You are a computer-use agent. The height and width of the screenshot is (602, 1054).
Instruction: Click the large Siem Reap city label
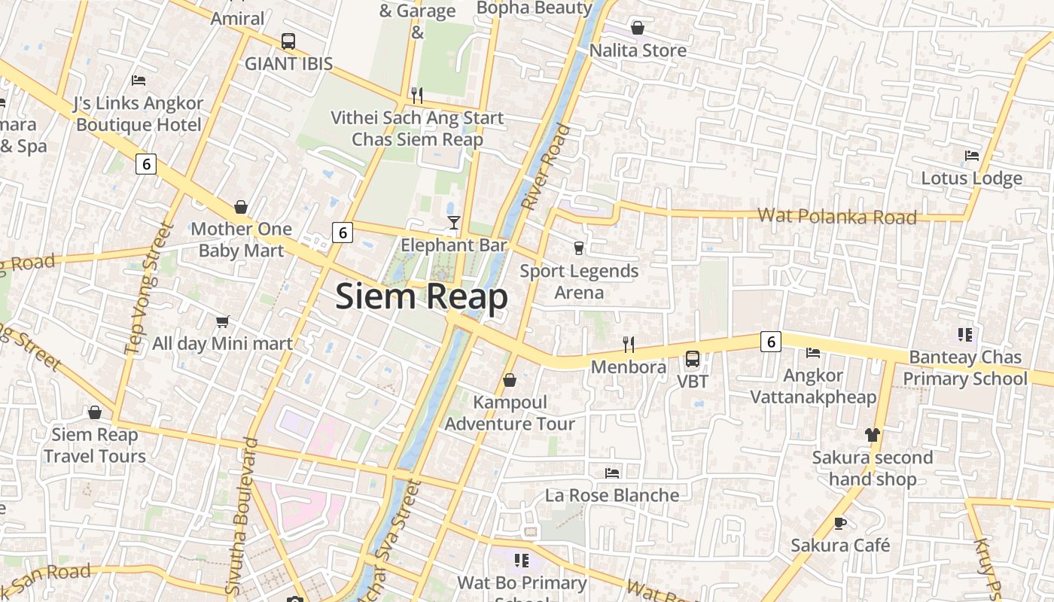[x=422, y=296]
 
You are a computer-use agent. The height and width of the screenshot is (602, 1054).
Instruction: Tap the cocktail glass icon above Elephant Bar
[x=453, y=222]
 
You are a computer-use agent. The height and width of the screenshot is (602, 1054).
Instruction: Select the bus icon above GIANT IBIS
[x=288, y=41]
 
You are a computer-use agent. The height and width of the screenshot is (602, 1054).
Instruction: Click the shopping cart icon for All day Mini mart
[x=222, y=322]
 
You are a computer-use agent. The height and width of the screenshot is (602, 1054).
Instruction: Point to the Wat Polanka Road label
[x=836, y=217]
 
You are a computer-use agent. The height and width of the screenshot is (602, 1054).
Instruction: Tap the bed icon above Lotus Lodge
[x=972, y=157]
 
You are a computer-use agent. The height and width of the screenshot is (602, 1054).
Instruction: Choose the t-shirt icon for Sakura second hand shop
[x=873, y=435]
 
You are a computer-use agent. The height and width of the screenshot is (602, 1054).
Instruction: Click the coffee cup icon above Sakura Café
[x=840, y=523]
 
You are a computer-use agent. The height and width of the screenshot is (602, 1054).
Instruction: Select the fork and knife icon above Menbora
[x=629, y=345]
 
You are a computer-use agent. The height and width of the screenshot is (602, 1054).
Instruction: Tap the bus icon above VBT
[x=692, y=359]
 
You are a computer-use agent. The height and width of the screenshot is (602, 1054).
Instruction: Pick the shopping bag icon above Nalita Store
[x=638, y=29]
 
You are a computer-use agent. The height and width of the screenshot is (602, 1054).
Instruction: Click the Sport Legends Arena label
[x=579, y=281]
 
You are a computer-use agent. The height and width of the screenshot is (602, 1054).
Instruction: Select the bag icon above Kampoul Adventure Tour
[x=510, y=380]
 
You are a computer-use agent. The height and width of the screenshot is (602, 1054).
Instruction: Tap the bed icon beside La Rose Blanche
[x=612, y=473]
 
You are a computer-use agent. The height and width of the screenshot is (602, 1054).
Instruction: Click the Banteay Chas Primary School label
[x=965, y=367]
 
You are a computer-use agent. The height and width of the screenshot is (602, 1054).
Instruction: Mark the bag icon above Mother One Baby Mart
[x=241, y=207]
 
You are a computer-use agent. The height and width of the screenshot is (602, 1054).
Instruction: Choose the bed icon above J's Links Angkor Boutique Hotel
[x=139, y=81]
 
